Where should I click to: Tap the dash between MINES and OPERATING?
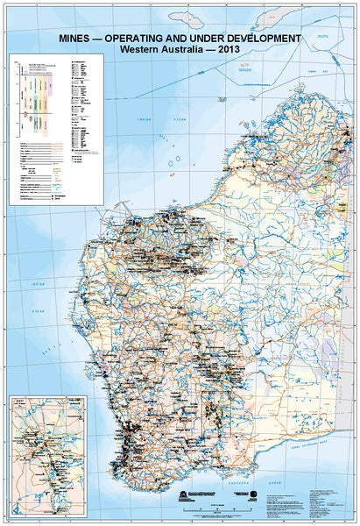click(101, 39)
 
